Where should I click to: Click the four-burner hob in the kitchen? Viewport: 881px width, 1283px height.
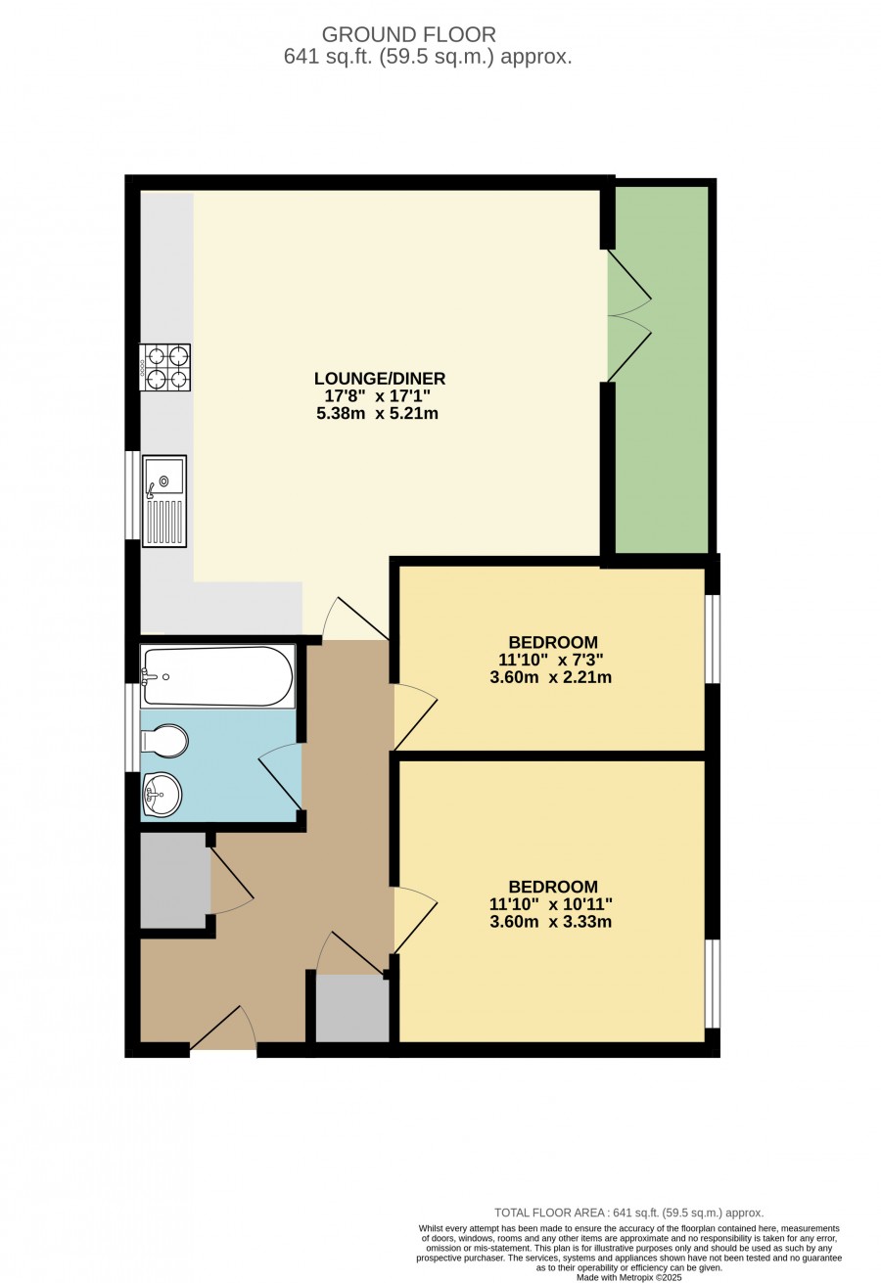[x=164, y=367]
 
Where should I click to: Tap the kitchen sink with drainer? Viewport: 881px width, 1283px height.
[x=164, y=501]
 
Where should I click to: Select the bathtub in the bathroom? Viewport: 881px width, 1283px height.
[x=217, y=676]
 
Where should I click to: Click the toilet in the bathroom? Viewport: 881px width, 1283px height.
[x=164, y=741]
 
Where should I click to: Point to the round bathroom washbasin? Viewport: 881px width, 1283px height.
[x=162, y=795]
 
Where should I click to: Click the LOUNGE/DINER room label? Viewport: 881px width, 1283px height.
[x=380, y=379]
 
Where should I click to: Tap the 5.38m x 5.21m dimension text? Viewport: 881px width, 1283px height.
[x=378, y=413]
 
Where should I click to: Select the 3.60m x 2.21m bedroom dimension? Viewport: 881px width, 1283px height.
[x=551, y=677]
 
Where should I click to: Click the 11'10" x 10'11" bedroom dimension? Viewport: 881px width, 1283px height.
[x=551, y=904]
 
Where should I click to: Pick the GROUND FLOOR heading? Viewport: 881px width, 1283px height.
[x=409, y=35]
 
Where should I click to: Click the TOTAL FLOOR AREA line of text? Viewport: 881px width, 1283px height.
[x=629, y=1213]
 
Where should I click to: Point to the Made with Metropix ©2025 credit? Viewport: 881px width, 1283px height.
[x=629, y=1277]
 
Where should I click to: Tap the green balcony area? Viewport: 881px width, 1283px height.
[x=661, y=370]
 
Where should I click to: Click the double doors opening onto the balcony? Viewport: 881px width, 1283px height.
[x=629, y=315]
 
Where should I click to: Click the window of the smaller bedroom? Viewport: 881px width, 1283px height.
[x=712, y=639]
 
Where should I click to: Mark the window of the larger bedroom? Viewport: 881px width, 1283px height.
[x=712, y=984]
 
